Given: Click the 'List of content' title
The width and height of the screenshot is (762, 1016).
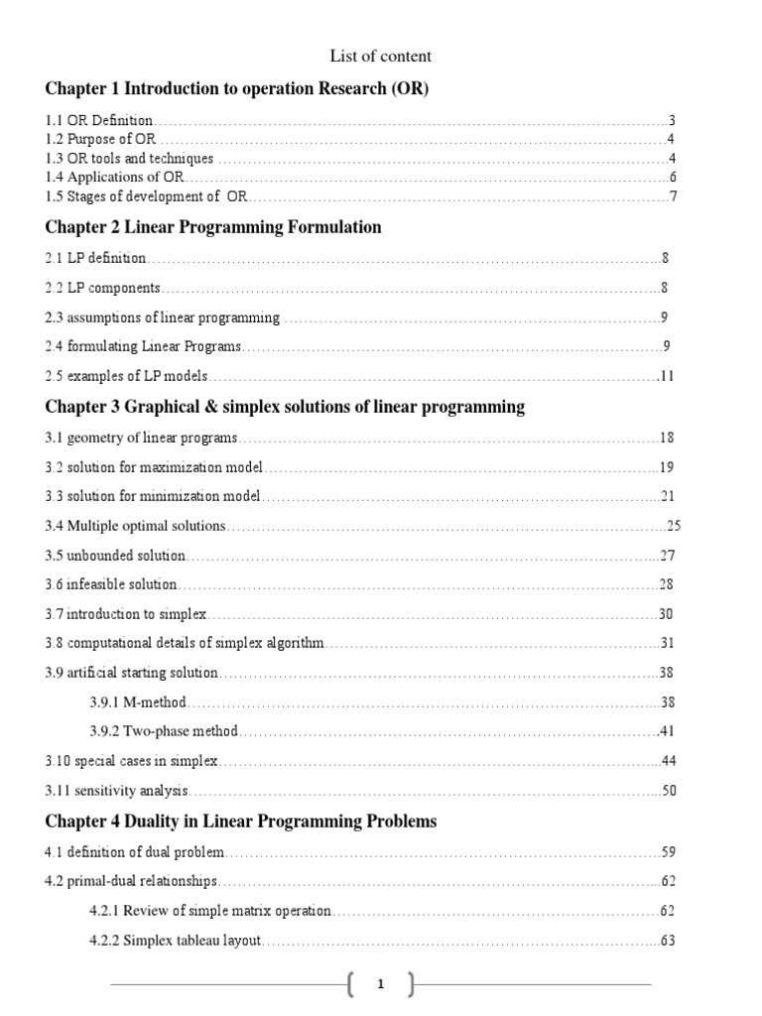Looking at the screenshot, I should pos(380,57).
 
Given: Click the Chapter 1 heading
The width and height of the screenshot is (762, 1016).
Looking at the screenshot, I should pos(237,89).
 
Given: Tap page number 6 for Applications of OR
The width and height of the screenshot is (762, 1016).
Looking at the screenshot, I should pos(672,177).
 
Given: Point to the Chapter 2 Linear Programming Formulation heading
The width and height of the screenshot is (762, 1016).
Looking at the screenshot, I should pos(213,227).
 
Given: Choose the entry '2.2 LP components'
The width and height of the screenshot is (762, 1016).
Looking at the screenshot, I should pos(103,288).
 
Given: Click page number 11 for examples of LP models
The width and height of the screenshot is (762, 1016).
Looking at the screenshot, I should pos(667,377).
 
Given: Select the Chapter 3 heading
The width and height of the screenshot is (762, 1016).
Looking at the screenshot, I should pos(285,407).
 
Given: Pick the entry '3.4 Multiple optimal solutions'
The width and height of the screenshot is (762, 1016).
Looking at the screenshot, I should pos(136,526).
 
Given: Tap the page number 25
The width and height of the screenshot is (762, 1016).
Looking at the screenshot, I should pos(674,526).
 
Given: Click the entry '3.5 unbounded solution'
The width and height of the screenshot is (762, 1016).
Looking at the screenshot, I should pos(116,556).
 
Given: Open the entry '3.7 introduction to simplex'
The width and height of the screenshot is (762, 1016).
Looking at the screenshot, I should pos(125,614).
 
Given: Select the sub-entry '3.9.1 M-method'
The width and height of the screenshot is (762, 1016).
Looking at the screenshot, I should pos(138,702).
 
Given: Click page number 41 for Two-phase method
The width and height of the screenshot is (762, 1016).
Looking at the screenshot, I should pos(667,731).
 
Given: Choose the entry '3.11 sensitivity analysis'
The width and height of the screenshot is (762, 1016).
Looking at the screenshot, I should pos(117,791).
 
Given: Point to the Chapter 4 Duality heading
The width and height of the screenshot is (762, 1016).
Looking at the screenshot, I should pos(241,822).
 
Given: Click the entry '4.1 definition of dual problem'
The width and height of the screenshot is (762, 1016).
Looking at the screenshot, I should pos(135,851).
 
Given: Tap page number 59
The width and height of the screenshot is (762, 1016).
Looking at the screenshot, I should pos(667,851).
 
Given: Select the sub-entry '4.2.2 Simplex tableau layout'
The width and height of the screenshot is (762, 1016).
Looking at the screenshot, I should pos(176,940).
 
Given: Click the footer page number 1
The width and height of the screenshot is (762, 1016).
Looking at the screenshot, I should pos(380,985).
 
